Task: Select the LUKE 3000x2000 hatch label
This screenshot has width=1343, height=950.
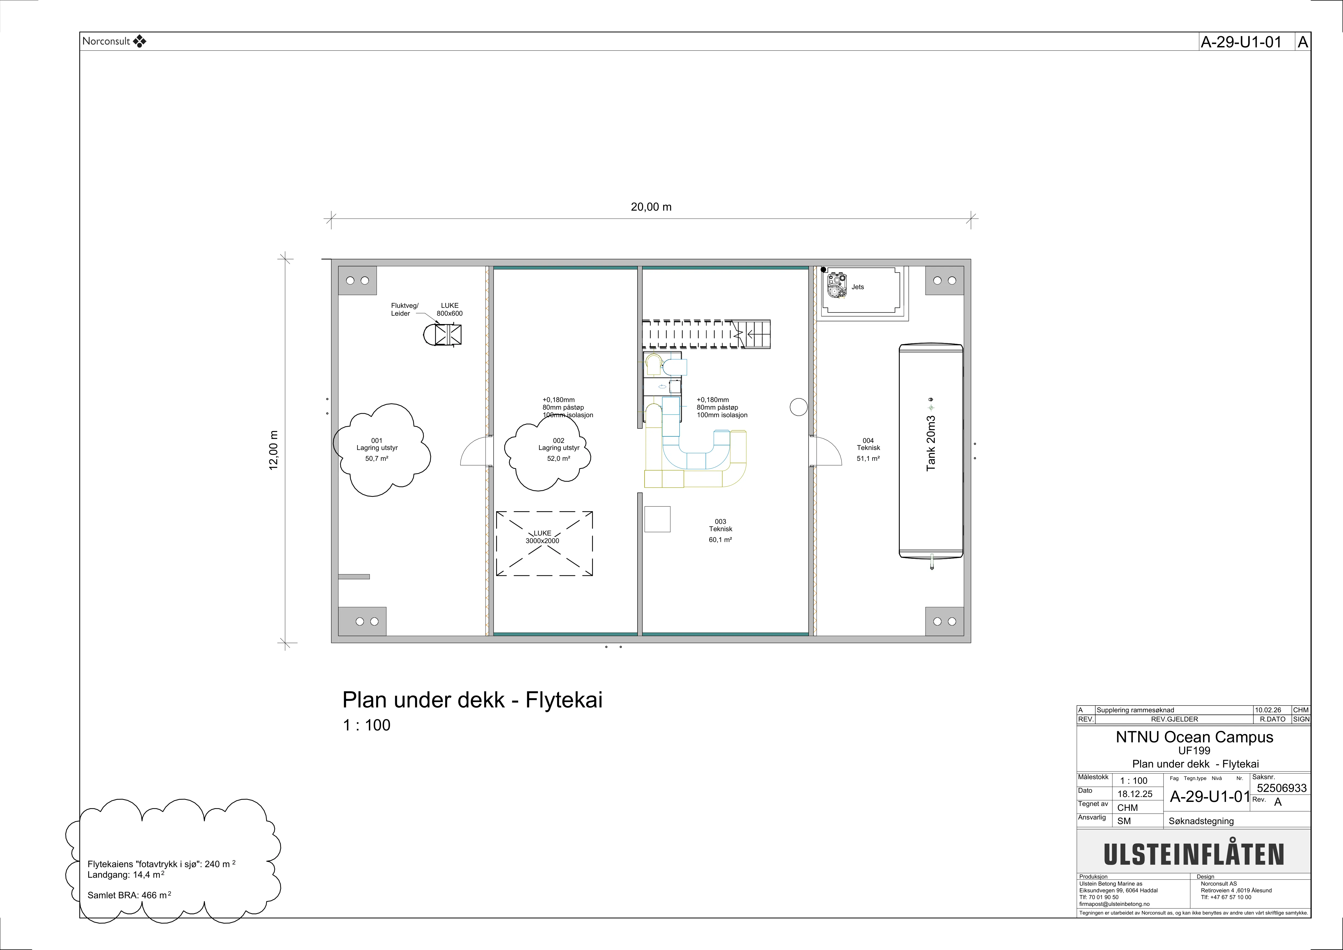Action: click(542, 537)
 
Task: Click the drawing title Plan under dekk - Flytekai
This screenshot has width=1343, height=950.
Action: click(472, 700)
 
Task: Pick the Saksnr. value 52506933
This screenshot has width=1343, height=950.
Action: click(1282, 788)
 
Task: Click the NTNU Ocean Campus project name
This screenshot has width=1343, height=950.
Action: click(1194, 737)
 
